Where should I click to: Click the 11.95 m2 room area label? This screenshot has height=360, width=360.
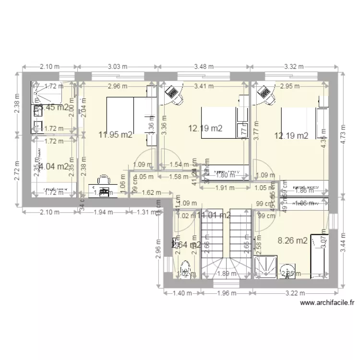(115, 135)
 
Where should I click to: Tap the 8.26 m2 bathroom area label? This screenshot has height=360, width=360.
(292, 241)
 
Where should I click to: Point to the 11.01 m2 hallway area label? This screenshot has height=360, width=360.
(214, 215)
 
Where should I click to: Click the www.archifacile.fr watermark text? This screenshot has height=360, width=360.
(327, 303)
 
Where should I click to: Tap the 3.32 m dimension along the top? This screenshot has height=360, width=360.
(294, 67)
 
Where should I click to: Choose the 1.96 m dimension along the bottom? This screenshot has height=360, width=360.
(222, 293)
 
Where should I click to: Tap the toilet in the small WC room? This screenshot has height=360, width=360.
(184, 270)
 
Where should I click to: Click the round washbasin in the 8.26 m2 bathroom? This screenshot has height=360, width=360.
(288, 269)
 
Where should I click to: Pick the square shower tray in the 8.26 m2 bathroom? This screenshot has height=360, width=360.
(265, 267)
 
